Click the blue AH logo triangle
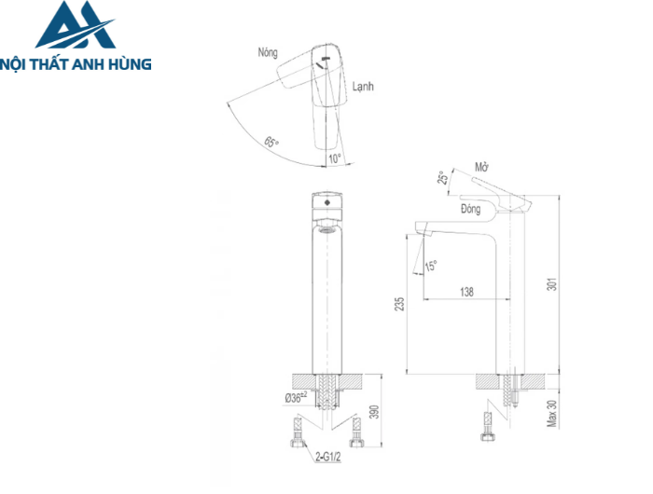[x=75, y=27]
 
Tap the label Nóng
[x=269, y=53]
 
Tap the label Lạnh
[x=363, y=86]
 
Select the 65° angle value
[x=271, y=143]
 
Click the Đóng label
[x=470, y=210]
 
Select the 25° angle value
[x=443, y=179]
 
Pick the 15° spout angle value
[x=431, y=267]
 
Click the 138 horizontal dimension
[x=466, y=292]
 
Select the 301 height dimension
[x=551, y=284]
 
